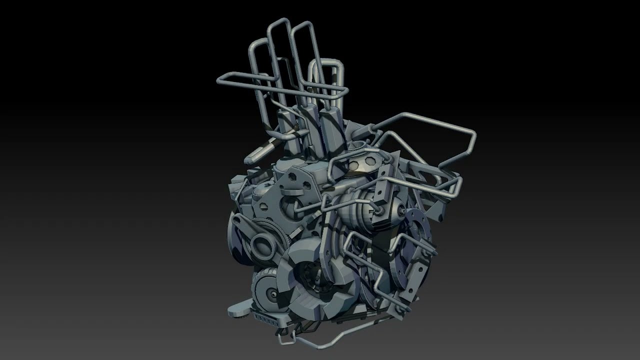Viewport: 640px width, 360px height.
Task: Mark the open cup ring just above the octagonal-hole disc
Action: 356,146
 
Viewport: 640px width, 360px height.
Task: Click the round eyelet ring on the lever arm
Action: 262,244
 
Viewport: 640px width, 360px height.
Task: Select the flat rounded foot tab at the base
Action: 238,310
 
